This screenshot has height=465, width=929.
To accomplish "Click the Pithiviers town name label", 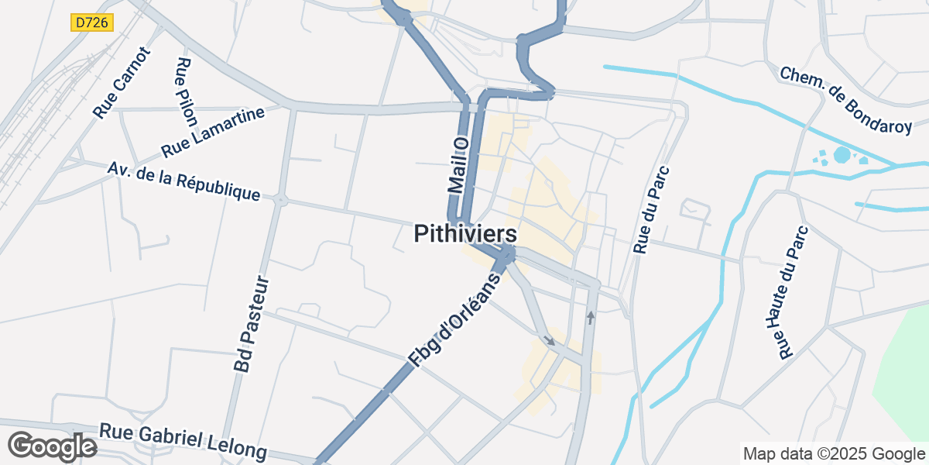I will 465,234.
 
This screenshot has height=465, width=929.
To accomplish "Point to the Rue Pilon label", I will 187,92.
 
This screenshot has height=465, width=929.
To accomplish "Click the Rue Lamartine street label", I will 213,132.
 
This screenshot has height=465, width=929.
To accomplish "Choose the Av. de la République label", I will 183,181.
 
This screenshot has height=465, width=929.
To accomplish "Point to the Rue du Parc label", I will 651,209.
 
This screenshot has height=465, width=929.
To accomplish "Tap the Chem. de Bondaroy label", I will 846,100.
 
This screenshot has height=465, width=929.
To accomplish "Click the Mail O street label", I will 459,164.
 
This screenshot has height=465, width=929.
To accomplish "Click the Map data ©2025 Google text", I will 834,453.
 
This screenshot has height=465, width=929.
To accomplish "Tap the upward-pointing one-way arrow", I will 591,317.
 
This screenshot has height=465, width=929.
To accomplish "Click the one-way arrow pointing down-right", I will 549,339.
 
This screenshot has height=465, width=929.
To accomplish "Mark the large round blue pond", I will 842,155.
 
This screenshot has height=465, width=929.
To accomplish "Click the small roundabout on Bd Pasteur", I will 279,200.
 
